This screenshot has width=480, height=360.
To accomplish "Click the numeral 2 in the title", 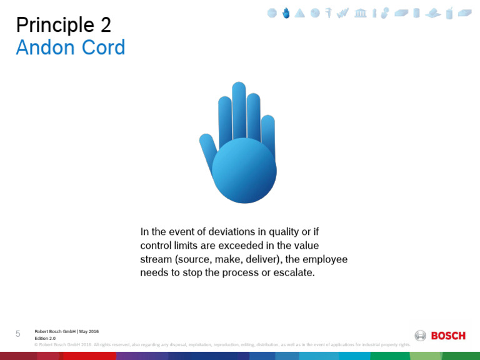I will point(106,26).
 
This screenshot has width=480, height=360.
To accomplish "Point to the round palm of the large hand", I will point(244,171).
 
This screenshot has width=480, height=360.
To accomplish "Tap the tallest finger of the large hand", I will point(239,109).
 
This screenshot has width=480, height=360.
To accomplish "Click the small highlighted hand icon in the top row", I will point(286,12).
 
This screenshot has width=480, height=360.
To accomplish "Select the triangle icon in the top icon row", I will point(300,13).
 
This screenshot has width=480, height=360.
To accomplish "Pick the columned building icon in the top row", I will point(361,13).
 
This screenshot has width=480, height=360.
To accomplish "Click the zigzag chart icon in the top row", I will point(342,13).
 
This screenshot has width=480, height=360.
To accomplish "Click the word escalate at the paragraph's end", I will point(294,273).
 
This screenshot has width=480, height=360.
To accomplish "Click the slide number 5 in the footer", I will point(18,334).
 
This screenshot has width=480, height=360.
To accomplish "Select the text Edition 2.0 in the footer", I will point(45,338).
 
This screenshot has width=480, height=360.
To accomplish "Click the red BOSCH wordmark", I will point(448,336).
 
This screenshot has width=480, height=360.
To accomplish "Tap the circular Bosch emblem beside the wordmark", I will point(421,336).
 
